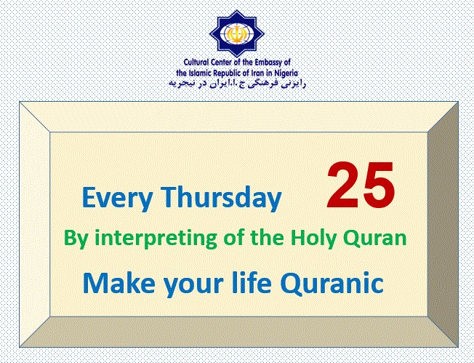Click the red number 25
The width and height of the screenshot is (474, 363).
361,185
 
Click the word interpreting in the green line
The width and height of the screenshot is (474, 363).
156,238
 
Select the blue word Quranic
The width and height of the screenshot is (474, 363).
332,283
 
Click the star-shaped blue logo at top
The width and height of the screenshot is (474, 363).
237,33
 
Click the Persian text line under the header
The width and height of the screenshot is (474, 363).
237,84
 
